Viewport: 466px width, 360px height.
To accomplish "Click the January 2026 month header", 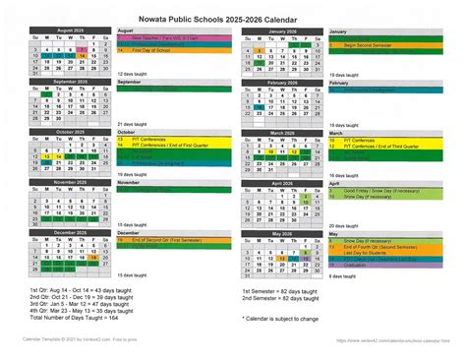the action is pos(282,30).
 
